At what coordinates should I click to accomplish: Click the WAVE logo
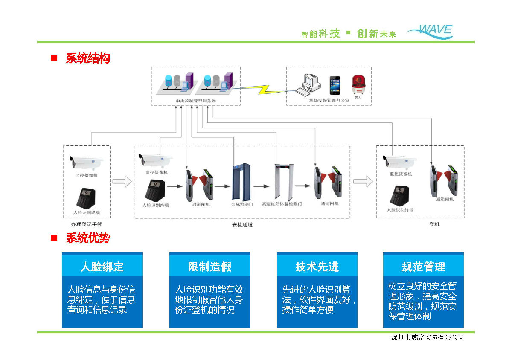point(431,32)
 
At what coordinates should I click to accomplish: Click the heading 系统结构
point(87,58)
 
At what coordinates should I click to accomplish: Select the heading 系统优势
point(87,238)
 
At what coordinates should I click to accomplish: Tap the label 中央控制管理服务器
point(196,101)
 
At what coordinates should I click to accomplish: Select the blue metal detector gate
point(242,183)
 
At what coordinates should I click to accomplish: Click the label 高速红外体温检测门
point(282,204)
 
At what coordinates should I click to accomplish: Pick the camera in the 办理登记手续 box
point(87,162)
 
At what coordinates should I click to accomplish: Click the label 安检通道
point(242,224)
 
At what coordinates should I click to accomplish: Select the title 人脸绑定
point(102,267)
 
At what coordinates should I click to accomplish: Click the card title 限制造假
point(209,267)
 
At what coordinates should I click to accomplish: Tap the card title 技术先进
point(317,267)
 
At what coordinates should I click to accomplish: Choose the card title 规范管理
point(423,267)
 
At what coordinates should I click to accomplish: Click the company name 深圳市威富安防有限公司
point(428,337)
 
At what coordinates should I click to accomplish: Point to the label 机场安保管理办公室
point(329,100)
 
